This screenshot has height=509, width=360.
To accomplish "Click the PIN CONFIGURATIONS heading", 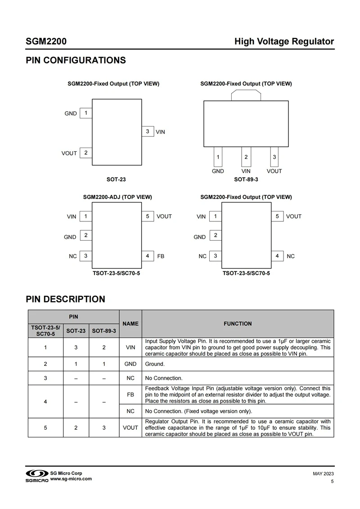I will [x=76, y=60].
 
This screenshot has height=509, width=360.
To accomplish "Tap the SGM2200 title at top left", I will [x=46, y=42].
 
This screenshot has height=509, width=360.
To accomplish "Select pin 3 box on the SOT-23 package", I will [x=148, y=131].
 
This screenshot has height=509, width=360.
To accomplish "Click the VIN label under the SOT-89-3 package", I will [x=246, y=171].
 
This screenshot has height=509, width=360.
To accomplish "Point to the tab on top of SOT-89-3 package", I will [x=246, y=95].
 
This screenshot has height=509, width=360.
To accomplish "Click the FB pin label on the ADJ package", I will [x=161, y=256].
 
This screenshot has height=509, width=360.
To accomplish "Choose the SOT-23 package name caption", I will [x=116, y=180].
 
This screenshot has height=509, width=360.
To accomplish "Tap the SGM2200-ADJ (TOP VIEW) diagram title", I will [x=117, y=197].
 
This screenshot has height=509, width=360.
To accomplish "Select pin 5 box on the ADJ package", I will [x=148, y=216].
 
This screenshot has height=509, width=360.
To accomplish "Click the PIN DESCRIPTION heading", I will [x=66, y=299].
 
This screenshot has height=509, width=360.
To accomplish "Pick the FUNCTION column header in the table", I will [x=238, y=324].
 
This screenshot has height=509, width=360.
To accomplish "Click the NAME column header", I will [x=130, y=324].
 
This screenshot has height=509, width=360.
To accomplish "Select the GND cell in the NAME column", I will [x=130, y=364].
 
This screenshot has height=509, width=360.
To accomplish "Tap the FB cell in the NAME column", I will [x=130, y=394].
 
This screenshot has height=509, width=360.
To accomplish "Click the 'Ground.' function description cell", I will [x=155, y=364].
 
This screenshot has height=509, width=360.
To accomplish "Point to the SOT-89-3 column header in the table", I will [x=104, y=331].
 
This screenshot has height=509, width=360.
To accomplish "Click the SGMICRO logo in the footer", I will [x=36, y=476].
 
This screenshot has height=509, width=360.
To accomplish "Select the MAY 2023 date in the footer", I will [x=323, y=474].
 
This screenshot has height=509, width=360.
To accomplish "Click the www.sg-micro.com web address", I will [x=71, y=479].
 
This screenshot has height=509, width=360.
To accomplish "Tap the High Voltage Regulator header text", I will [x=284, y=42].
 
